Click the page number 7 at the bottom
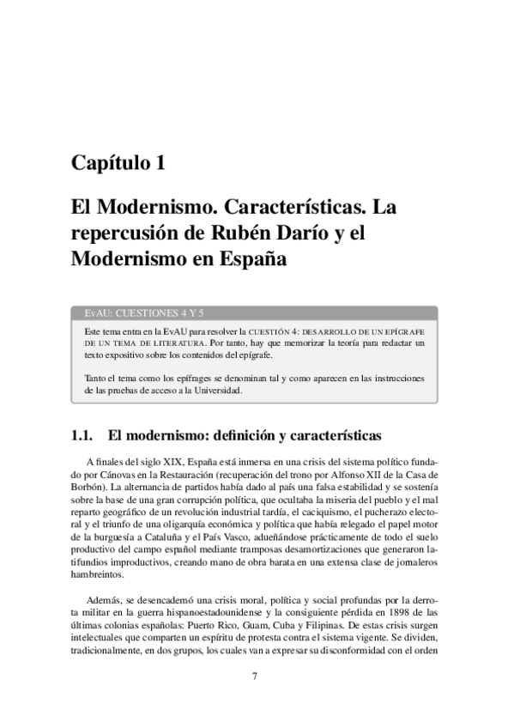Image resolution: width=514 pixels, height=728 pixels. (255, 676)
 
